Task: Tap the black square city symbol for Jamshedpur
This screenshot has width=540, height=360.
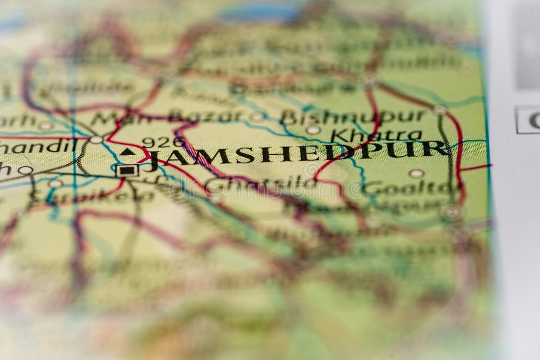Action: (127, 170)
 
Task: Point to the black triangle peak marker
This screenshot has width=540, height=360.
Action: (127, 152)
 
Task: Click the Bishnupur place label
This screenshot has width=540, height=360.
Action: (353, 116)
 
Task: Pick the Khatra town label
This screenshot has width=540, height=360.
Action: (376, 135)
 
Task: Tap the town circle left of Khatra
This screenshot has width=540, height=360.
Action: (313, 130)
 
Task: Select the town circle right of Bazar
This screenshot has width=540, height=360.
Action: (257, 116)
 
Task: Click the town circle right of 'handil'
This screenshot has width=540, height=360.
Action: (96, 140)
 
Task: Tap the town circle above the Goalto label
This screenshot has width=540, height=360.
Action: (416, 174)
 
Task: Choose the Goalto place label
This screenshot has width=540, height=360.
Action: (408, 188)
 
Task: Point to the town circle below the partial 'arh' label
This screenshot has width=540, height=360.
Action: (45, 126)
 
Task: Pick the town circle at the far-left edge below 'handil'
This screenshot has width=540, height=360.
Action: (25, 170)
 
